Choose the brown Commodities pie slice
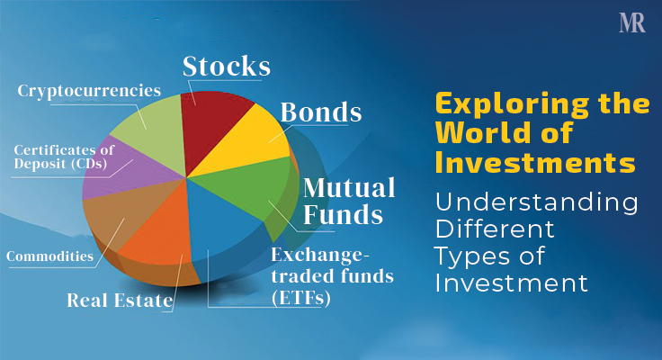pos(117,216)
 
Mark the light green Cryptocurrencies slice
pos(148,130)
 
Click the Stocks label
pos(226,67)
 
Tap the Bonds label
pos(321,113)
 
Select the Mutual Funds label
pos(349,202)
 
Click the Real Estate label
pos(119,301)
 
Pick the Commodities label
pos(49,256)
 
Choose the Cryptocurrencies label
pos(89,91)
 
